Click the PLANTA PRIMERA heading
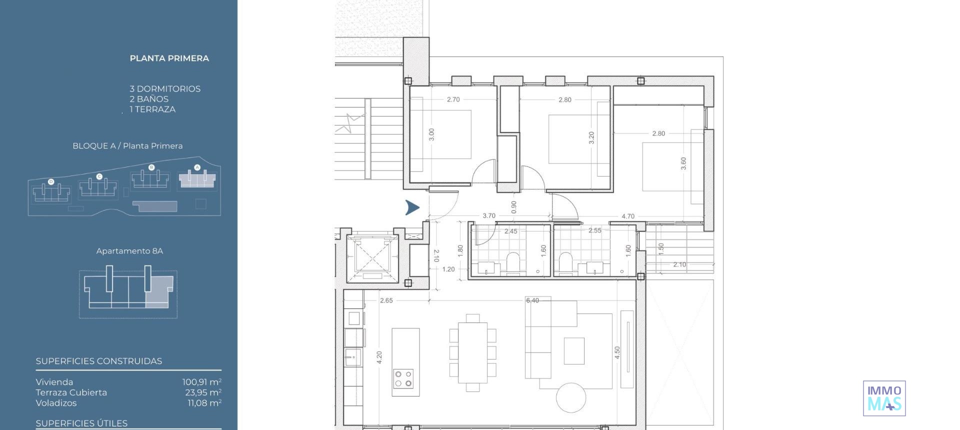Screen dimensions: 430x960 pyautogui.click(x=169, y=58)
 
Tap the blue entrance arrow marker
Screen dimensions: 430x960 pyautogui.click(x=412, y=207)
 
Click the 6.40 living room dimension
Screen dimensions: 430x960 pyautogui.click(x=532, y=300)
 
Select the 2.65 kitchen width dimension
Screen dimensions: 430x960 pyautogui.click(x=386, y=300)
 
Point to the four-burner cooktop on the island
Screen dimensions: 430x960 pyautogui.click(x=403, y=378)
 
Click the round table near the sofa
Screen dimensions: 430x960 pyautogui.click(x=570, y=397)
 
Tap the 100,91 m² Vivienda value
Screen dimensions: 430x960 pyautogui.click(x=201, y=382)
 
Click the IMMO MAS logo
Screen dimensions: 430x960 pyautogui.click(x=884, y=398)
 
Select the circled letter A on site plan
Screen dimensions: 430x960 pyautogui.click(x=197, y=167)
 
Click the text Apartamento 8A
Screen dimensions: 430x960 pyautogui.click(x=129, y=251)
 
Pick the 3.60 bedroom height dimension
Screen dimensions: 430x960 pyautogui.click(x=683, y=163)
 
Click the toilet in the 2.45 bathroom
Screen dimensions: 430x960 pyautogui.click(x=513, y=262)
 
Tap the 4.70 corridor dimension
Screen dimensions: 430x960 pyautogui.click(x=627, y=216)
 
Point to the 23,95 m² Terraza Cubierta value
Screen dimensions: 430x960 pyautogui.click(x=203, y=392)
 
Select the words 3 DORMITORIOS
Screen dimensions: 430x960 pyautogui.click(x=165, y=89)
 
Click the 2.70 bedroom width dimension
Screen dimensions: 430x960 pyautogui.click(x=453, y=99)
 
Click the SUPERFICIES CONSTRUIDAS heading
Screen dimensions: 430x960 pyautogui.click(x=99, y=361)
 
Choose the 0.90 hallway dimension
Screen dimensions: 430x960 pyautogui.click(x=513, y=207)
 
